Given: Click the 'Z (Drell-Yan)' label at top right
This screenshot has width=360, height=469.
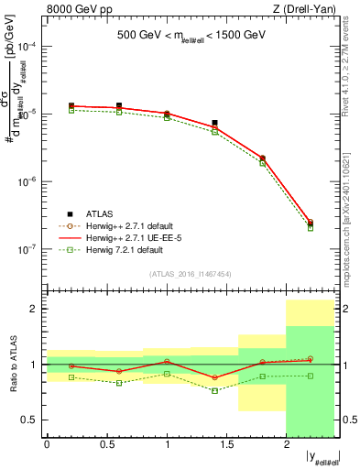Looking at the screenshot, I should click(307, 10).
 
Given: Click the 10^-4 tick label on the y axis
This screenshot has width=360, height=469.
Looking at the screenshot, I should click(28, 47).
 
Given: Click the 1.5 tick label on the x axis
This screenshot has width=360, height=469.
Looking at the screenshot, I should click(226, 445).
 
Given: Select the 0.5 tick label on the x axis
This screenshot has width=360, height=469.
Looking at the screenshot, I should click(106, 445).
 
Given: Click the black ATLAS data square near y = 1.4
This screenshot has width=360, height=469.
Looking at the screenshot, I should click(214, 123).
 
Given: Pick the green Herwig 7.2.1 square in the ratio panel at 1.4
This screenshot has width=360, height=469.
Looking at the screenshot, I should click(214, 391).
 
